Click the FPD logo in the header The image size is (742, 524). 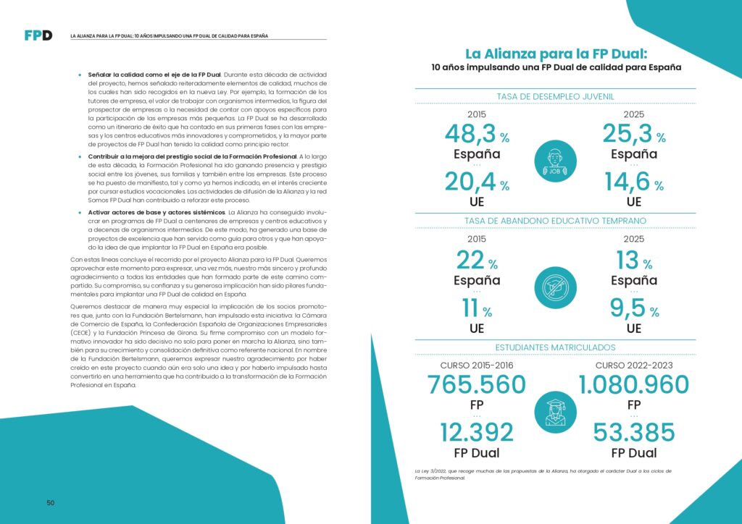(38, 35)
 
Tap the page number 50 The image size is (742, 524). (51, 503)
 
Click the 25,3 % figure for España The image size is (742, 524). (633, 135)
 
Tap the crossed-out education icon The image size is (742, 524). (555, 288)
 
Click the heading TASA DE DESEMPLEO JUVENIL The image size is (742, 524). (555, 96)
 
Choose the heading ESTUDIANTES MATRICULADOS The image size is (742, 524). (555, 347)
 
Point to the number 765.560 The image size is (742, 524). (476, 385)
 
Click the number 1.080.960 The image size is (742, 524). (633, 385)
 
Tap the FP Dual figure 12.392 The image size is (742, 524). (476, 433)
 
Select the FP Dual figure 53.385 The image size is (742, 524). (633, 433)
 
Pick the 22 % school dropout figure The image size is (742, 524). (476, 261)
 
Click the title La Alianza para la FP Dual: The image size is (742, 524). (555, 53)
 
